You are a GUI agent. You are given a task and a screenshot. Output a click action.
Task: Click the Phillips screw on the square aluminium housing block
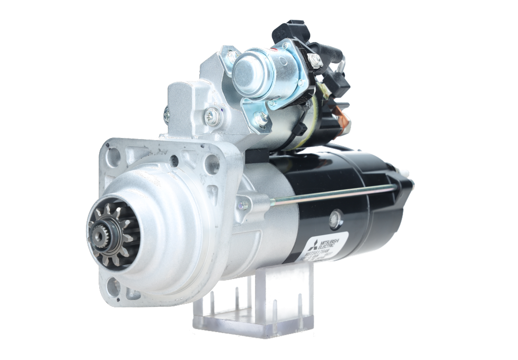point(212,116)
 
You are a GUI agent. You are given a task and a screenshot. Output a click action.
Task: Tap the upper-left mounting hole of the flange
point(113,157)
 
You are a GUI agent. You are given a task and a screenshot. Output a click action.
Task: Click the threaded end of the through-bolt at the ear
point(274,203)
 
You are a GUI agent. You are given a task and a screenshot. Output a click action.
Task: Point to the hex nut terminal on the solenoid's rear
point(316,61)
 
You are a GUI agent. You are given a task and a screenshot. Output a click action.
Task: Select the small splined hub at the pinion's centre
point(99,233)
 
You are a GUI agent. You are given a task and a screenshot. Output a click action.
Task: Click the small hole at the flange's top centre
point(174,161)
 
